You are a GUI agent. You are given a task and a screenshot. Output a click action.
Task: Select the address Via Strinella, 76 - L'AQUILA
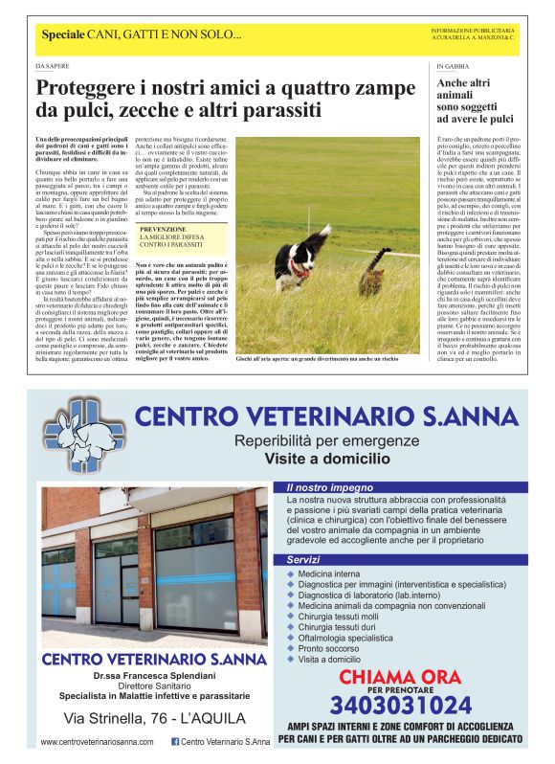(x=155, y=718)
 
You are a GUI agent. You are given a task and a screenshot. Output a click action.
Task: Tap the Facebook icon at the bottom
(x=175, y=742)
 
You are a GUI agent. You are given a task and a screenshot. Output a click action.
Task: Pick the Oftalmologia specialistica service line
(x=344, y=638)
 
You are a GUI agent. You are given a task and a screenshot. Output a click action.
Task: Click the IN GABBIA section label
(x=453, y=67)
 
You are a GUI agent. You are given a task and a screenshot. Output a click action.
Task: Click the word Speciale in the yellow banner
(x=63, y=35)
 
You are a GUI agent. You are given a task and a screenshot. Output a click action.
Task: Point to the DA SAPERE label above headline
(x=52, y=67)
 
